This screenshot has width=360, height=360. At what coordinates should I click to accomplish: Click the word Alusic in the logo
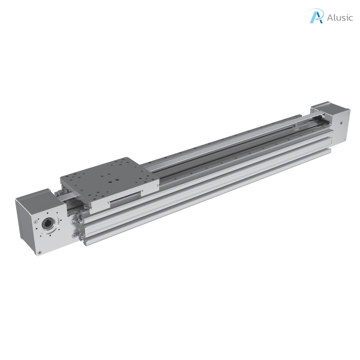(340, 18)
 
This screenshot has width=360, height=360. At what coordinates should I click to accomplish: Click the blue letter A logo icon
(316, 16)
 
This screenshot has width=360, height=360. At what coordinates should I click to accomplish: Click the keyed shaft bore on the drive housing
(47, 223)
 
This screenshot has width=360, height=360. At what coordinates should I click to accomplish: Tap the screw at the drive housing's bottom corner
(39, 252)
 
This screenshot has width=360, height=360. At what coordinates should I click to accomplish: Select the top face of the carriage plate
(109, 178)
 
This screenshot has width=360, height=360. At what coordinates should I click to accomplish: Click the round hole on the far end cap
(341, 123)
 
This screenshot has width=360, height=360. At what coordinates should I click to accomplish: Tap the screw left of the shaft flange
(36, 223)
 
